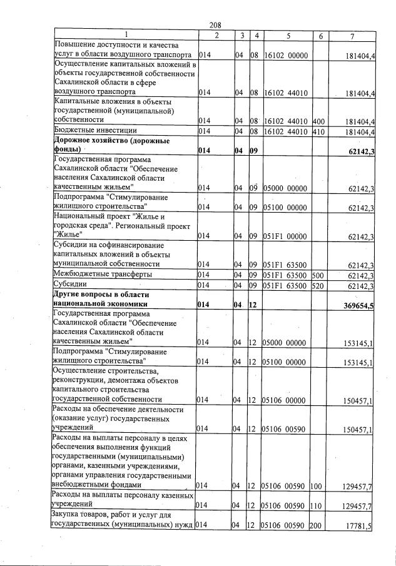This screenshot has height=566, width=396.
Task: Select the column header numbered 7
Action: (353, 36)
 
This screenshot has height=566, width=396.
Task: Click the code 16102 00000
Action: (286, 56)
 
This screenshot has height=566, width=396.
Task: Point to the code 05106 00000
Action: (286, 400)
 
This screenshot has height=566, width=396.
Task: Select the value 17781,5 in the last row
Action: (358, 527)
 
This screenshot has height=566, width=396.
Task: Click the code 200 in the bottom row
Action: (315, 527)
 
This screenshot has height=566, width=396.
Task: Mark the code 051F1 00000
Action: (286, 236)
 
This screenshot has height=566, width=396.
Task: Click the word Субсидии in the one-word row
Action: (74, 286)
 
